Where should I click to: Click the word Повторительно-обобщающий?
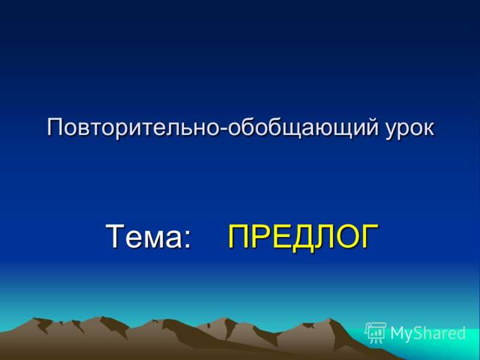213,127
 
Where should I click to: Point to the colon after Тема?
187,239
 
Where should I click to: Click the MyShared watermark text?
428,333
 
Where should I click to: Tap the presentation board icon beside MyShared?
376,332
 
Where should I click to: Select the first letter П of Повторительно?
56,127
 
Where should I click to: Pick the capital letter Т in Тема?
115,236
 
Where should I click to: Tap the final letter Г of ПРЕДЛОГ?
370,236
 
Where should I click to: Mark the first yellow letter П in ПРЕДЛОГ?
238,236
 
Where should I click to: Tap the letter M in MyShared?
398,333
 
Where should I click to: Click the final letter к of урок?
428,128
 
